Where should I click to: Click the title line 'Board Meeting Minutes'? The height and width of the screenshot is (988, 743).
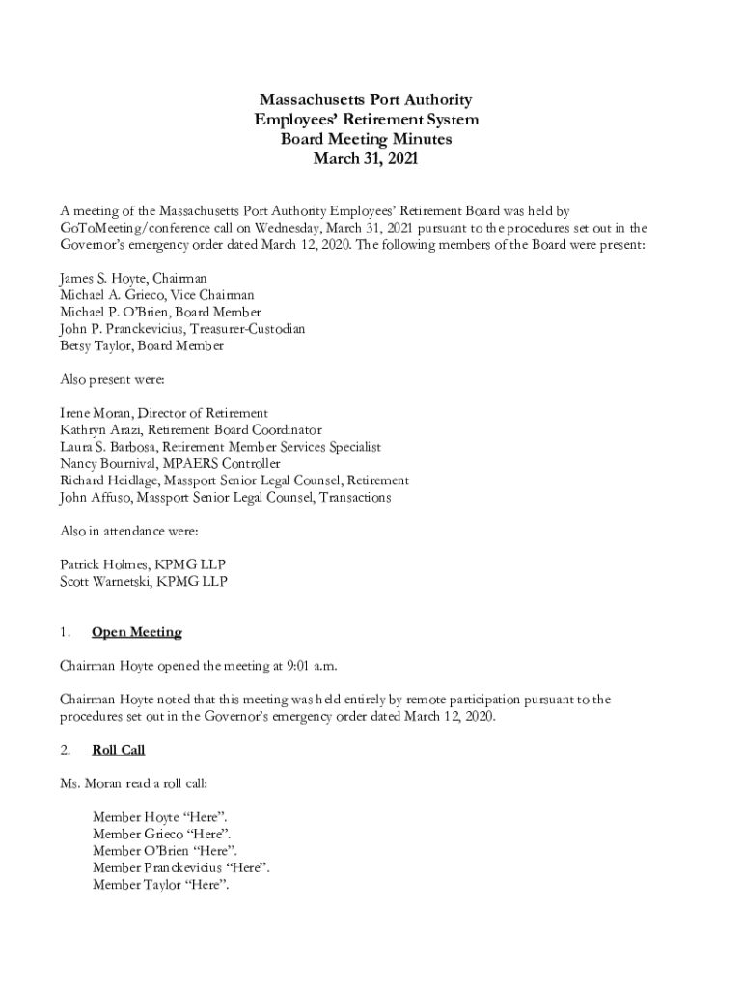point(366,139)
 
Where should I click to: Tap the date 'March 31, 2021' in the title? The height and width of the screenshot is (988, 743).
point(366,158)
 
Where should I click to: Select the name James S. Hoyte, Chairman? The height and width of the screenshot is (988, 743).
point(133,278)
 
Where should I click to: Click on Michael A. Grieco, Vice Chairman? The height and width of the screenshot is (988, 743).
point(157,295)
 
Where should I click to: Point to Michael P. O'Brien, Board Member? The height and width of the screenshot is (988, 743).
point(160,312)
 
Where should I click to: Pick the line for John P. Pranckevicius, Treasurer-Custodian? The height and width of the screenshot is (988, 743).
point(182,329)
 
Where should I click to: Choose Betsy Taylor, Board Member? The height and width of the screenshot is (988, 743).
point(141,345)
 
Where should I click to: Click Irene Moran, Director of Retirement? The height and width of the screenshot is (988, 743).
point(164,413)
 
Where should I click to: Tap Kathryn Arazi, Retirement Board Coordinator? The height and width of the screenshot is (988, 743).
point(191,430)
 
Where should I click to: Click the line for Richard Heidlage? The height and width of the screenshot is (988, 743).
point(234,480)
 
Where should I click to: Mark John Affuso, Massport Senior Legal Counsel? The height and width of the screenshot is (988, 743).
point(226,498)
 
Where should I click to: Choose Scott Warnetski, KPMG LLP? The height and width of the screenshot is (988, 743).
point(144,582)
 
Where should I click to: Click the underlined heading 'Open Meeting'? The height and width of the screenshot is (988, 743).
point(136,632)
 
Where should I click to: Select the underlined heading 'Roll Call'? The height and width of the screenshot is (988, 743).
point(118,750)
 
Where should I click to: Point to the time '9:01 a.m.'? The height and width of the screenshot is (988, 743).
point(310,666)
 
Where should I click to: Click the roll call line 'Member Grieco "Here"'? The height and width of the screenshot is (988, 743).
point(161,834)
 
